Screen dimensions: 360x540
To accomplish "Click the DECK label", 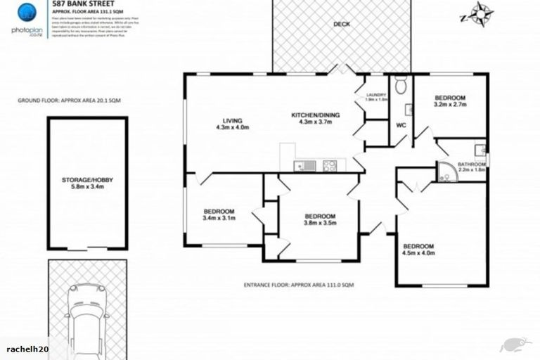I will click(x=342, y=24).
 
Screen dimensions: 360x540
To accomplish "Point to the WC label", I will click(x=401, y=125).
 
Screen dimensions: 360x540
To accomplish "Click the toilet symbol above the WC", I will click(x=401, y=86).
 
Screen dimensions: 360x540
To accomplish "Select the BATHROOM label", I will click(x=472, y=164).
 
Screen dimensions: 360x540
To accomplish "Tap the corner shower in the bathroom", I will click(x=446, y=173).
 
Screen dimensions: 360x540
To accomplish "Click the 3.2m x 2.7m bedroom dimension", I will click(x=450, y=105).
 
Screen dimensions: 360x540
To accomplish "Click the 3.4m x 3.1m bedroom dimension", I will click(x=219, y=218).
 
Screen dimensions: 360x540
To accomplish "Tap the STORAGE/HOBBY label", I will click(x=87, y=180).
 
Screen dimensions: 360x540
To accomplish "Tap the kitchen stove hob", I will click(x=329, y=166).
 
